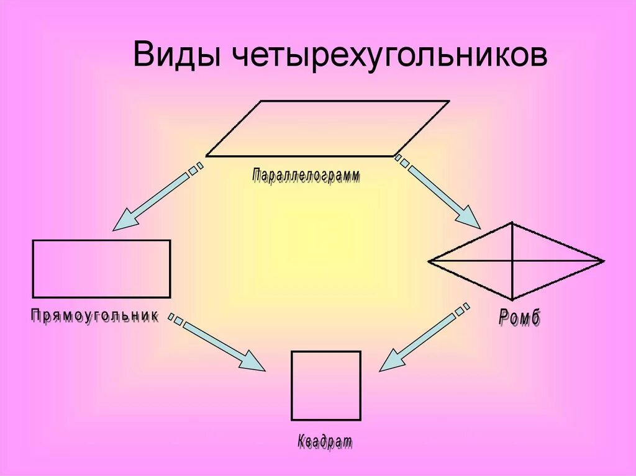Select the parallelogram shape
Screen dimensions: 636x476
coord(327,128)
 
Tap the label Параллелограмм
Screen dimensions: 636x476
coord(306,176)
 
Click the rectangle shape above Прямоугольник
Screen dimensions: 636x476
coord(101,269)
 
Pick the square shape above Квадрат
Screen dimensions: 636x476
coord(326,385)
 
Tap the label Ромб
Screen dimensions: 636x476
coord(520,318)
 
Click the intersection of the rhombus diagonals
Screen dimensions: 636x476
coord(512,261)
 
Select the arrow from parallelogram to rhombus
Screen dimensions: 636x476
coord(438,192)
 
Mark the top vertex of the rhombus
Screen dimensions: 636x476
coord(512,222)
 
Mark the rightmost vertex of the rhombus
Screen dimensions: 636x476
coord(603,261)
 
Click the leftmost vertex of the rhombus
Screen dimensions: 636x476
coord(429,261)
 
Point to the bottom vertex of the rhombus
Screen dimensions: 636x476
coord(512,300)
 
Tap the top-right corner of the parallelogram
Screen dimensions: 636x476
coord(448,101)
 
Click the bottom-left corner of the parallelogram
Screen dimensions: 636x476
coord(206,156)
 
